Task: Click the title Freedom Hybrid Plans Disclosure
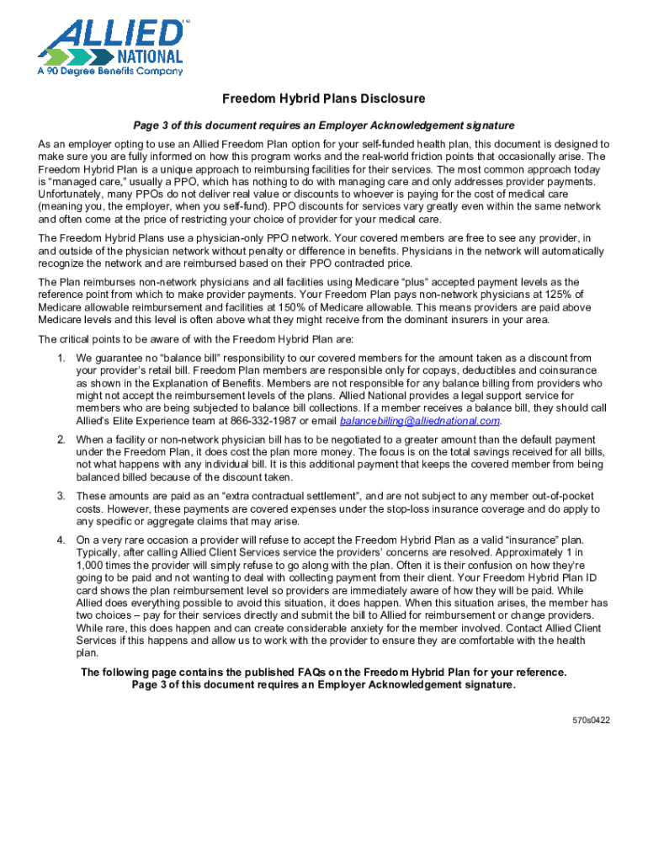click(324, 98)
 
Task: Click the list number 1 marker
click(61, 358)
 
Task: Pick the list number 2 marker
click(61, 439)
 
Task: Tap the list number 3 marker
click(61, 496)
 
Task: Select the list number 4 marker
click(61, 540)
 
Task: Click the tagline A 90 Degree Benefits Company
click(110, 72)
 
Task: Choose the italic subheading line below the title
click(324, 125)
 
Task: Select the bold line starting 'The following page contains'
click(324, 672)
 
